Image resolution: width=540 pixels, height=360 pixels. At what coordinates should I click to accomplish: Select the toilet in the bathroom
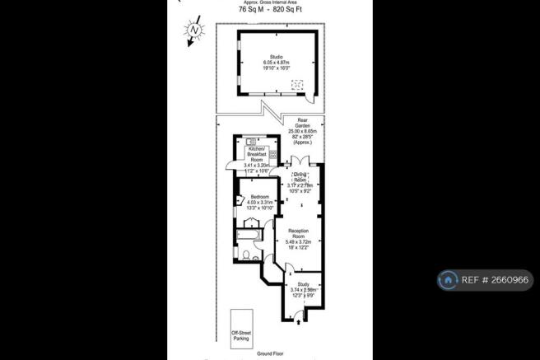click(x=246, y=256)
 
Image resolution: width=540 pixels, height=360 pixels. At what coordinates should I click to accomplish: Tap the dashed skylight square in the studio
click(x=300, y=83)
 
